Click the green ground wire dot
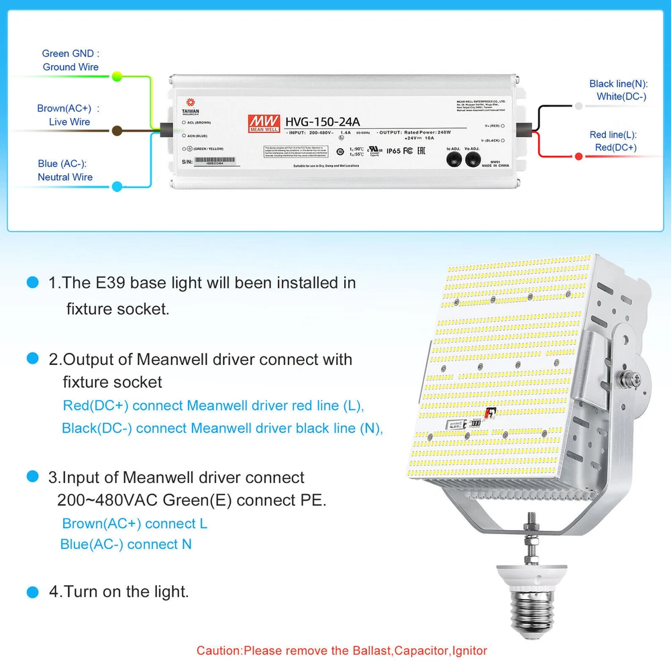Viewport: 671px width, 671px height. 117,76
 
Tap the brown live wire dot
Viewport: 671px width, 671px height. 117,131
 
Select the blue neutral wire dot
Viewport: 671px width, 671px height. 117,187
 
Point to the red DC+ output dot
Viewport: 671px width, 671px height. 578,156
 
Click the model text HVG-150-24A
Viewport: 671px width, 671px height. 321,121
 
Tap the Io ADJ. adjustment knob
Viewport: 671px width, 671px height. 454,160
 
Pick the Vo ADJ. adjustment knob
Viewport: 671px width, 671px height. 474,160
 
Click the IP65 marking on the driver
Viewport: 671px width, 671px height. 393,151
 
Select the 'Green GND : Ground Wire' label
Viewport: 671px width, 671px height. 70,60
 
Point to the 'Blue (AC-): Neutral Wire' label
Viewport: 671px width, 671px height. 64,170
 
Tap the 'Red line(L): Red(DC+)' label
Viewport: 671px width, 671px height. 613,141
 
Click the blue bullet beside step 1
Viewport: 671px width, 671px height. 32,283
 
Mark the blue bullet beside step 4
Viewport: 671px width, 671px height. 32,592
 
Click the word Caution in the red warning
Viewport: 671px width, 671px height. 218,650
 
